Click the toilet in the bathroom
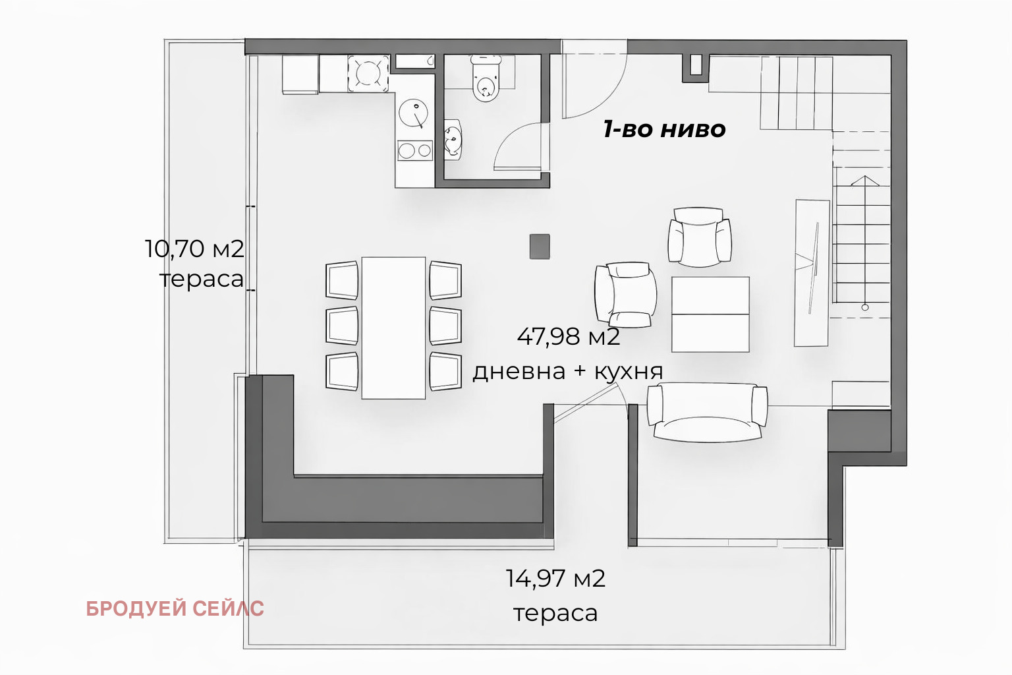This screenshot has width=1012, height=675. pos(486,80)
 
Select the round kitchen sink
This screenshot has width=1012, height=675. pos(413,113)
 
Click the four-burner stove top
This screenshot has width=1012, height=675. pos(367,73)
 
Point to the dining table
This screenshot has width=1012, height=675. pos(393,328)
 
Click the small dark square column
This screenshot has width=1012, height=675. pos(540,247)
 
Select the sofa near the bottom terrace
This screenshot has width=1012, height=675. pos(707,412)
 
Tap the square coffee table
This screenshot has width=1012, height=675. pos(710,314)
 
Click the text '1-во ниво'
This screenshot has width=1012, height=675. pos(664,129)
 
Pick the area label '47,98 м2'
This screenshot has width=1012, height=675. pos(568,337)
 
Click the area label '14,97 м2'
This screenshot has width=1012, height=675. pos(555,579)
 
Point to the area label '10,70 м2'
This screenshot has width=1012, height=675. pos(194,249)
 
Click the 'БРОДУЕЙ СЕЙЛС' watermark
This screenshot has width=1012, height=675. pos(175,608)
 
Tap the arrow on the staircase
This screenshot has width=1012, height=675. pos(864,181)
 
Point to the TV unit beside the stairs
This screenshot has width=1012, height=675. pos(811,272)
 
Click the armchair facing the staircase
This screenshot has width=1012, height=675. pos(699,238)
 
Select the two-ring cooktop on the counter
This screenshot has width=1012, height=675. pos(414,151)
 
